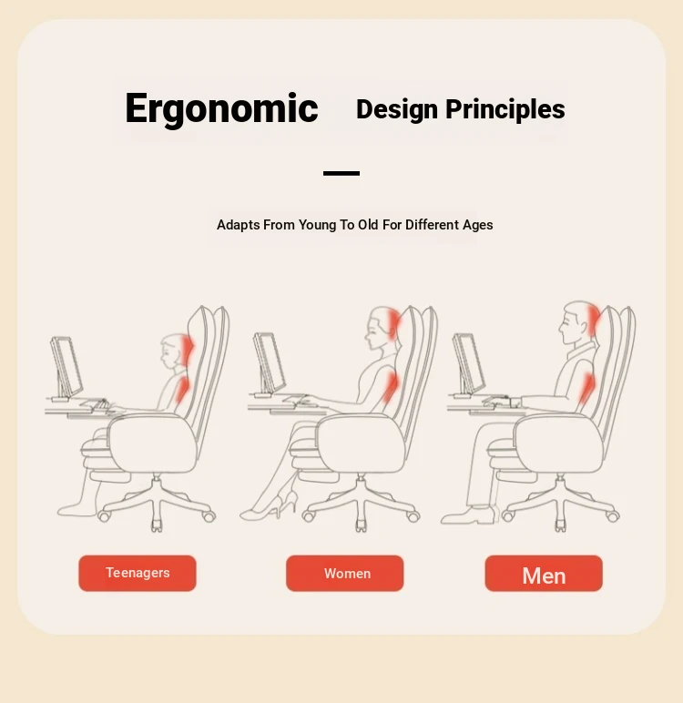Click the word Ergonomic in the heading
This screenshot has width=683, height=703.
coord(221,108)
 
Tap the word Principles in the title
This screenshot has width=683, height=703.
coord(505,110)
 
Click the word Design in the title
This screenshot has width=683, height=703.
coord(397,110)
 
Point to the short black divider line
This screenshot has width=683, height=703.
coord(341,173)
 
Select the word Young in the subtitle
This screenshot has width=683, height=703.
coord(317,225)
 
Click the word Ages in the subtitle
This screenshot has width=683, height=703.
coord(477,225)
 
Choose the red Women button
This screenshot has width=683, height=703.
coord(345,573)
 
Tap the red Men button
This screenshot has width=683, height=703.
coord(544,573)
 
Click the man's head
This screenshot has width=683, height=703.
coord(578,322)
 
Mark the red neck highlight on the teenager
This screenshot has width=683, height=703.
coord(187,349)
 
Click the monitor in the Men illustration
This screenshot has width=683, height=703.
coord(468,364)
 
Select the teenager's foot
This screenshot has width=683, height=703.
coord(77,509)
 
